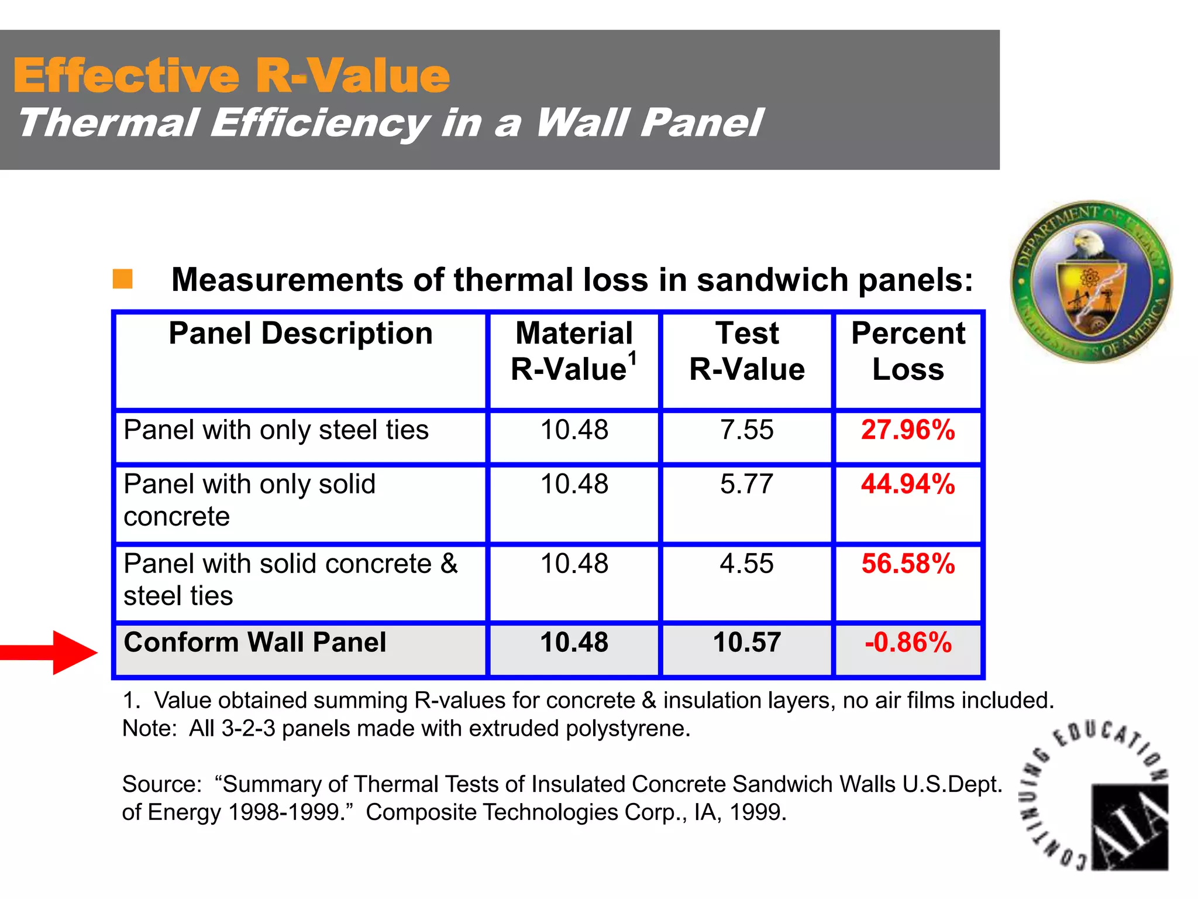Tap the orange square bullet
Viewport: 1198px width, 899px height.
pyautogui.click(x=122, y=279)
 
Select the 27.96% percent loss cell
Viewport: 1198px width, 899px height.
pyautogui.click(x=908, y=430)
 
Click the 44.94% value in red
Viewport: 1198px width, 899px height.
pyautogui.click(x=908, y=485)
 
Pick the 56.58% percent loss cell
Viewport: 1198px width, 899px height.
pyautogui.click(x=908, y=564)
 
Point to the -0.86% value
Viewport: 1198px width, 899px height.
pyautogui.click(x=908, y=643)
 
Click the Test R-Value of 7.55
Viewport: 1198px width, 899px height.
pyautogui.click(x=746, y=430)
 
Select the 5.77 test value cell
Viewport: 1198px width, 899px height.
pyautogui.click(x=746, y=485)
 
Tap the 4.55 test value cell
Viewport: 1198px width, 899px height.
pyautogui.click(x=746, y=564)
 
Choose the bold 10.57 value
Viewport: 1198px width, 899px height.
pyautogui.click(x=746, y=643)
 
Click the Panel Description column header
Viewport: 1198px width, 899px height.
pyautogui.click(x=301, y=334)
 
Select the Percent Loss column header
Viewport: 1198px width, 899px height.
pyautogui.click(x=908, y=351)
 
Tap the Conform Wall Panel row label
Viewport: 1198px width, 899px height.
pyautogui.click(x=255, y=643)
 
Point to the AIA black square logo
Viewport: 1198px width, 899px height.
pyautogui.click(x=1130, y=827)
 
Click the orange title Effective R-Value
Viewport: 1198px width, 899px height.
pyautogui.click(x=232, y=76)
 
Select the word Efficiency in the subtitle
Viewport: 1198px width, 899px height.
pyautogui.click(x=320, y=123)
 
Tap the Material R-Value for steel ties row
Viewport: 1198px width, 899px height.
pyautogui.click(x=574, y=430)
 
